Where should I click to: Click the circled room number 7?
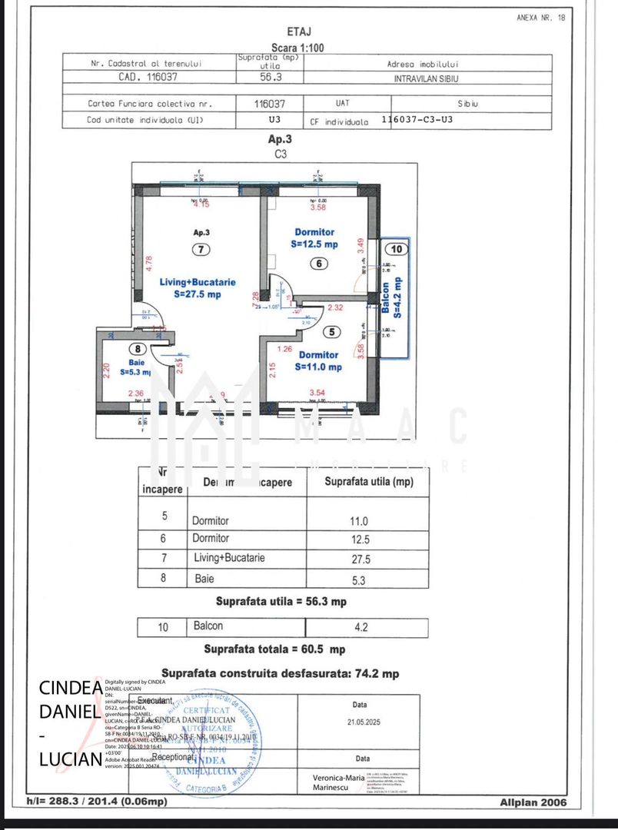point(200,249)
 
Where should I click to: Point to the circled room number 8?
point(137,349)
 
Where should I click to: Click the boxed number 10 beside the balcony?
point(397,249)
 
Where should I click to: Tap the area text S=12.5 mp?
point(314,244)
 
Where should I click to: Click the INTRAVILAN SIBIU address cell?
point(427,78)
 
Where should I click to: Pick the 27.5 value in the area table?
point(360,558)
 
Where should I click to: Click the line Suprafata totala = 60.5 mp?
point(274,649)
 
